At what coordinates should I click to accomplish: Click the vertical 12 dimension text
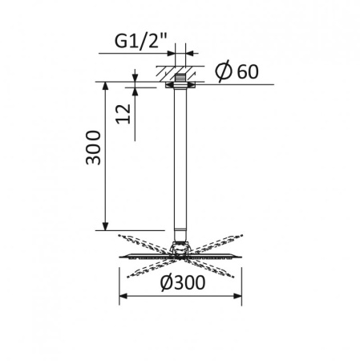[x=123, y=113]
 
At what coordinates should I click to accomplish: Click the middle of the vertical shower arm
[x=182, y=160]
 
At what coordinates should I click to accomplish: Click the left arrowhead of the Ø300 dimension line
[x=123, y=296]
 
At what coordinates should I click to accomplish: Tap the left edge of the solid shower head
[x=122, y=256]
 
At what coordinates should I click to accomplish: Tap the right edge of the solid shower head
[x=241, y=256]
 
